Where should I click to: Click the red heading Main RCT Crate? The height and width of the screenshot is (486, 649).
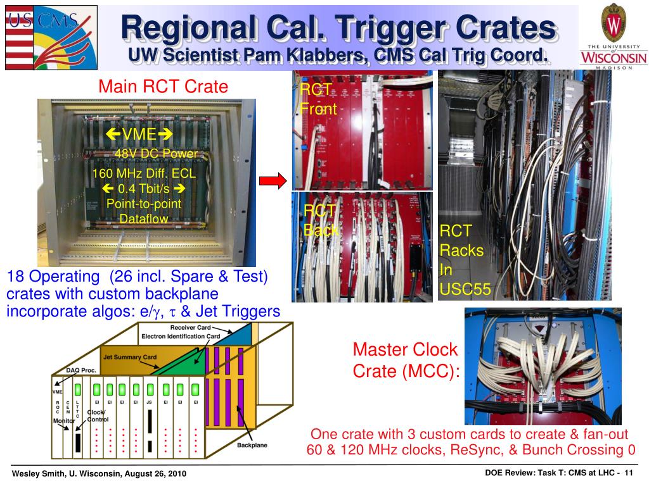click(x=163, y=87)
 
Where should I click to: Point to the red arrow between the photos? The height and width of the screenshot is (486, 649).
click(x=273, y=182)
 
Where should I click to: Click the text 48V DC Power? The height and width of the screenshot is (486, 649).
click(x=156, y=154)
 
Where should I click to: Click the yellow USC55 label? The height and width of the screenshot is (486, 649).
click(x=465, y=290)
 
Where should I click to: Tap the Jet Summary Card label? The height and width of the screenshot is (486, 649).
click(x=130, y=357)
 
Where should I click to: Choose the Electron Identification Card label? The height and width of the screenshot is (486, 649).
click(x=181, y=336)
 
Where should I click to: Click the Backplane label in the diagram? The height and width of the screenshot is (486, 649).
click(x=252, y=445)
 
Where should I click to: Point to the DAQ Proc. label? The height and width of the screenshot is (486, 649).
click(x=81, y=370)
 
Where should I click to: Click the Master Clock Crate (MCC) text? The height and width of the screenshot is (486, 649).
click(x=405, y=360)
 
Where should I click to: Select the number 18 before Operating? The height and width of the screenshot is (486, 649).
click(x=15, y=277)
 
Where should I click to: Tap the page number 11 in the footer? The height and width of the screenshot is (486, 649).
click(x=630, y=473)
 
